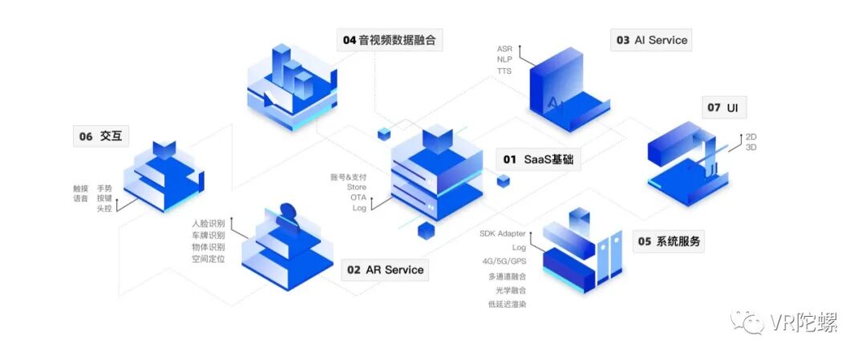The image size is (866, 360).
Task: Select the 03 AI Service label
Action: (651, 40)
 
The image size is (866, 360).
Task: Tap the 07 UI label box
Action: (722, 107)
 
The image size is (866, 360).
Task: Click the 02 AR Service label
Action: (385, 270)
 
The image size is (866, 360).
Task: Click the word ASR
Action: (505, 48)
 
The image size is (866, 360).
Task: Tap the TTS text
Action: (504, 71)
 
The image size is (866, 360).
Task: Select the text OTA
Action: (358, 197)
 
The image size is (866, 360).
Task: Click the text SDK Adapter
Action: (503, 233)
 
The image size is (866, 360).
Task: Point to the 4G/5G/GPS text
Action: (504, 261)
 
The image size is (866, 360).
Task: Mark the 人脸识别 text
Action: (208, 223)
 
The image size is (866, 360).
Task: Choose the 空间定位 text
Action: (208, 259)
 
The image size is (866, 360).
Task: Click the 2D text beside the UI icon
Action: (751, 137)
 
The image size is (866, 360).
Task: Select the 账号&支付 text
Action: (348, 176)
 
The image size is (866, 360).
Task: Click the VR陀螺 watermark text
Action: (803, 323)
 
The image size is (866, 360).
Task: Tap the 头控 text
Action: (104, 208)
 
